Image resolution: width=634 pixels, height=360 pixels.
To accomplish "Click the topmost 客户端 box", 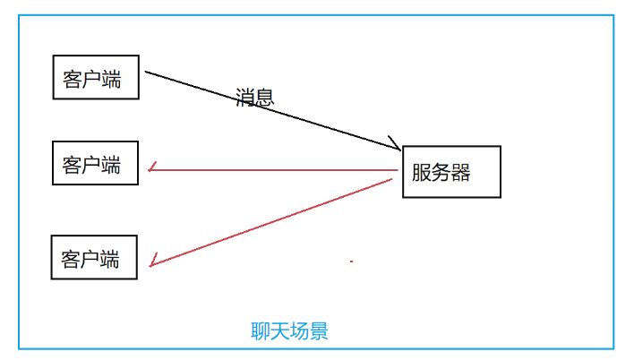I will [97, 78].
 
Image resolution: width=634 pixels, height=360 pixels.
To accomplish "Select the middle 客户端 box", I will [96, 163].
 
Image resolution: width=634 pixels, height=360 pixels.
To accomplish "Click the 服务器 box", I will [451, 171].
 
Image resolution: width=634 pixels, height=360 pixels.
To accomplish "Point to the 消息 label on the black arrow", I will [254, 97].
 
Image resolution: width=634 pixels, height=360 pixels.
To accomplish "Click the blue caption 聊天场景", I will [289, 331].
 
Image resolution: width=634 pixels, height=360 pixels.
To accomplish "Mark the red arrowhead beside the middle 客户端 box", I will [153, 168].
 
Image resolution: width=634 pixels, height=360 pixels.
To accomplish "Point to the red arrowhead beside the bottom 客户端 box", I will [155, 261].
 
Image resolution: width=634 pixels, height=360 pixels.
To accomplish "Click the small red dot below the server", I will [351, 261].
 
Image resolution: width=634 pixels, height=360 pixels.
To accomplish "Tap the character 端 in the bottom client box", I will [110, 260].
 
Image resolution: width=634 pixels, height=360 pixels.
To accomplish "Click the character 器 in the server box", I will [460, 172].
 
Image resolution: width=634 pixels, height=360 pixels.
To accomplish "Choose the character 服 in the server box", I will [422, 172].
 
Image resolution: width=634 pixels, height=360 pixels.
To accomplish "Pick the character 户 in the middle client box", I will [91, 165].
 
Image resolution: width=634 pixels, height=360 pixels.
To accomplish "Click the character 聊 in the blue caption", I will [261, 331].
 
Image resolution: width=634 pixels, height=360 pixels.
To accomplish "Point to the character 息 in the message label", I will [264, 97].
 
